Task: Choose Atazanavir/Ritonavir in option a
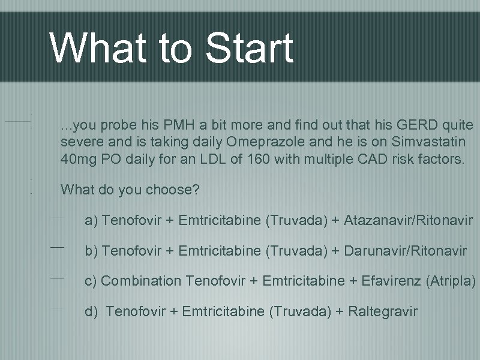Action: [408, 221]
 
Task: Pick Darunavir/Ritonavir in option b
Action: [405, 251]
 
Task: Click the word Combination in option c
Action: [141, 281]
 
